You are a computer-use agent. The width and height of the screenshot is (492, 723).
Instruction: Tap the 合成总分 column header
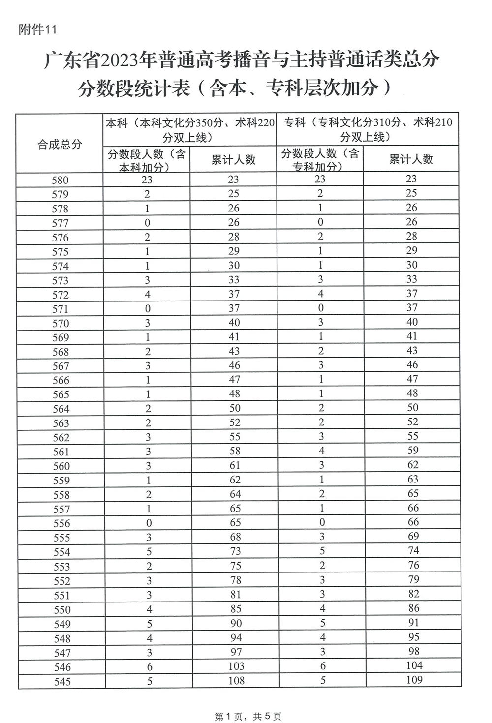tap(60, 145)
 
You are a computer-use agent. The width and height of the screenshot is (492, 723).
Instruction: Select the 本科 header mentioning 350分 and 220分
tap(190, 130)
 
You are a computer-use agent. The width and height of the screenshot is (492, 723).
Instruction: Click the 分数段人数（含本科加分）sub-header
tap(147, 160)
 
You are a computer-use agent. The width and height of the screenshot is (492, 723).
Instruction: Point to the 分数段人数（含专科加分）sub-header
tap(320, 160)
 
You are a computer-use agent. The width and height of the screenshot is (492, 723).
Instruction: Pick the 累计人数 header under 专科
tap(411, 159)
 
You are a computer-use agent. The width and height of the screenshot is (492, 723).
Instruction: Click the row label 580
tap(60, 181)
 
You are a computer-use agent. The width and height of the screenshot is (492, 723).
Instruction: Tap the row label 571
tap(60, 309)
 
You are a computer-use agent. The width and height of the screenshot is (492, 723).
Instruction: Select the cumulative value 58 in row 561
tap(235, 451)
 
